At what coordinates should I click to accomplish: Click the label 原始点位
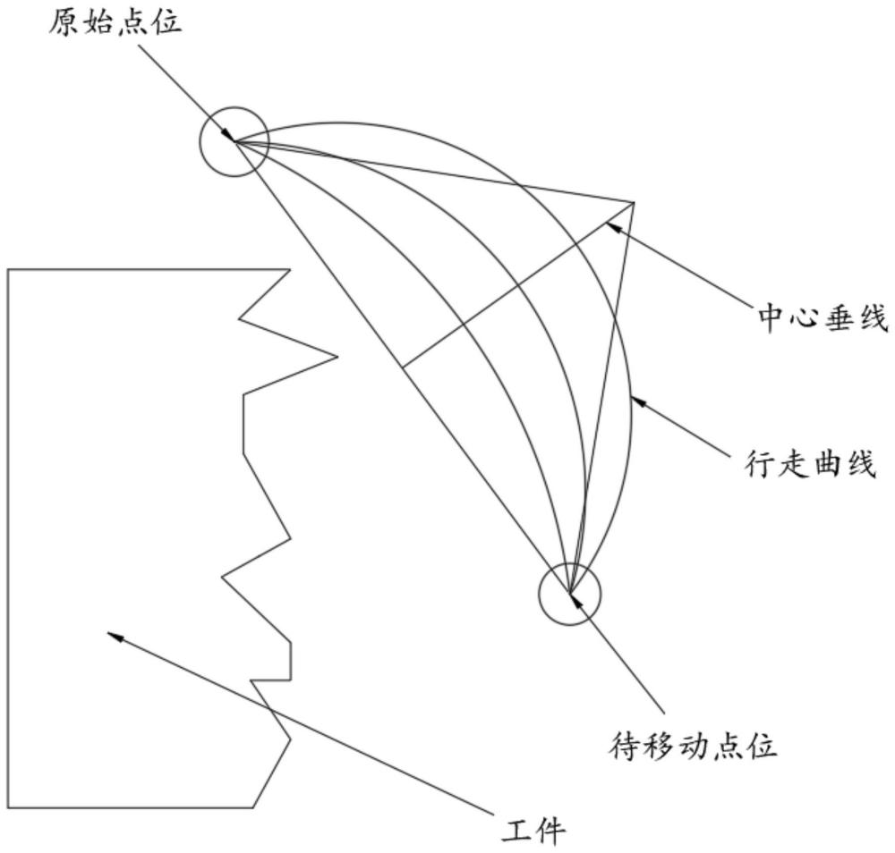[x=115, y=21]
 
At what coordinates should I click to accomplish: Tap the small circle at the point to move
[x=569, y=593]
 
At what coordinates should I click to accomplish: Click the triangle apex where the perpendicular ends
[x=635, y=203]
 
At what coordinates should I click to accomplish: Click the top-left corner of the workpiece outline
[x=9, y=269]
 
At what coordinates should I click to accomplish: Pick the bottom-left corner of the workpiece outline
[x=9, y=808]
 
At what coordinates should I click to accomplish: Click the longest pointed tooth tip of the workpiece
[x=337, y=357]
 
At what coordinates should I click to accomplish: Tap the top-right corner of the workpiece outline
[x=290, y=269]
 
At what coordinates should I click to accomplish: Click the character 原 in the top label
[x=64, y=21]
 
